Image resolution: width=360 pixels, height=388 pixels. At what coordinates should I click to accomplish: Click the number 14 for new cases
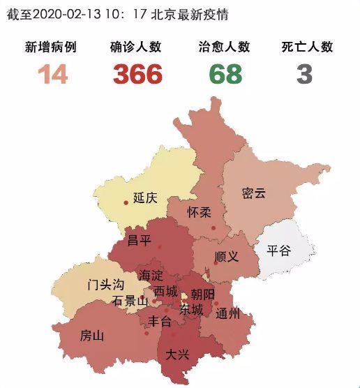coord(52,73)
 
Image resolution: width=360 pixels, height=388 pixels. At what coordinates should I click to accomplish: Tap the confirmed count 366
coord(137,73)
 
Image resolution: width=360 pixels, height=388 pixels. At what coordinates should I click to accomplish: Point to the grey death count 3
coord(303,73)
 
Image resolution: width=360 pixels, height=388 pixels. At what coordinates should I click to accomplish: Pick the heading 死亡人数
coord(307,47)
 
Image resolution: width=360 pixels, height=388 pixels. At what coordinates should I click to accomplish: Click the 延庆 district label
coord(144,198)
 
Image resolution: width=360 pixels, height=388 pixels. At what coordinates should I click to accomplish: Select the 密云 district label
coord(254,193)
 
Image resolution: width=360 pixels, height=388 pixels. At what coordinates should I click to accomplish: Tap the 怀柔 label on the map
coord(200,212)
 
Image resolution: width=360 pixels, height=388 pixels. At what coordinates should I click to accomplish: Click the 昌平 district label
coord(138,240)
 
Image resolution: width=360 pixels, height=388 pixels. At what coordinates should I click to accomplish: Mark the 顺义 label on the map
coord(227,256)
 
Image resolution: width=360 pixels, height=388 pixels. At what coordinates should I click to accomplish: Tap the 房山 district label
coord(92,335)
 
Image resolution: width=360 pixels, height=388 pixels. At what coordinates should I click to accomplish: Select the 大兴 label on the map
coord(177,355)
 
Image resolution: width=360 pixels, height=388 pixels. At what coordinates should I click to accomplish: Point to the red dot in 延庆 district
coord(126,202)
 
